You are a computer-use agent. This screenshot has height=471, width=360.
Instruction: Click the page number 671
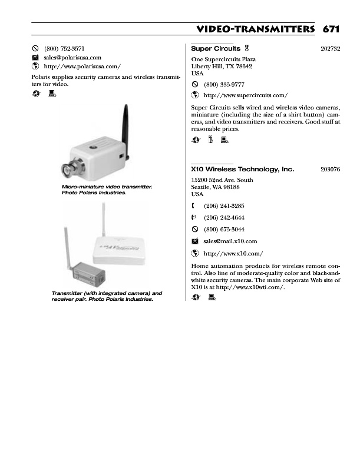[331, 29]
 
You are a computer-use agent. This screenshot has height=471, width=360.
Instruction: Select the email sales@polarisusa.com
[72, 58]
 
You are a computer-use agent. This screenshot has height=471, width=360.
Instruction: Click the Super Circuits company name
[216, 48]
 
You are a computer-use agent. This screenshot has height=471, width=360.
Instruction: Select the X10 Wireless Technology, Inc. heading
[242, 169]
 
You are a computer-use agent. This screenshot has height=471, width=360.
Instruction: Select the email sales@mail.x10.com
[230, 241]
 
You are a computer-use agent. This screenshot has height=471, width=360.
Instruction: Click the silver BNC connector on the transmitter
[73, 168]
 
